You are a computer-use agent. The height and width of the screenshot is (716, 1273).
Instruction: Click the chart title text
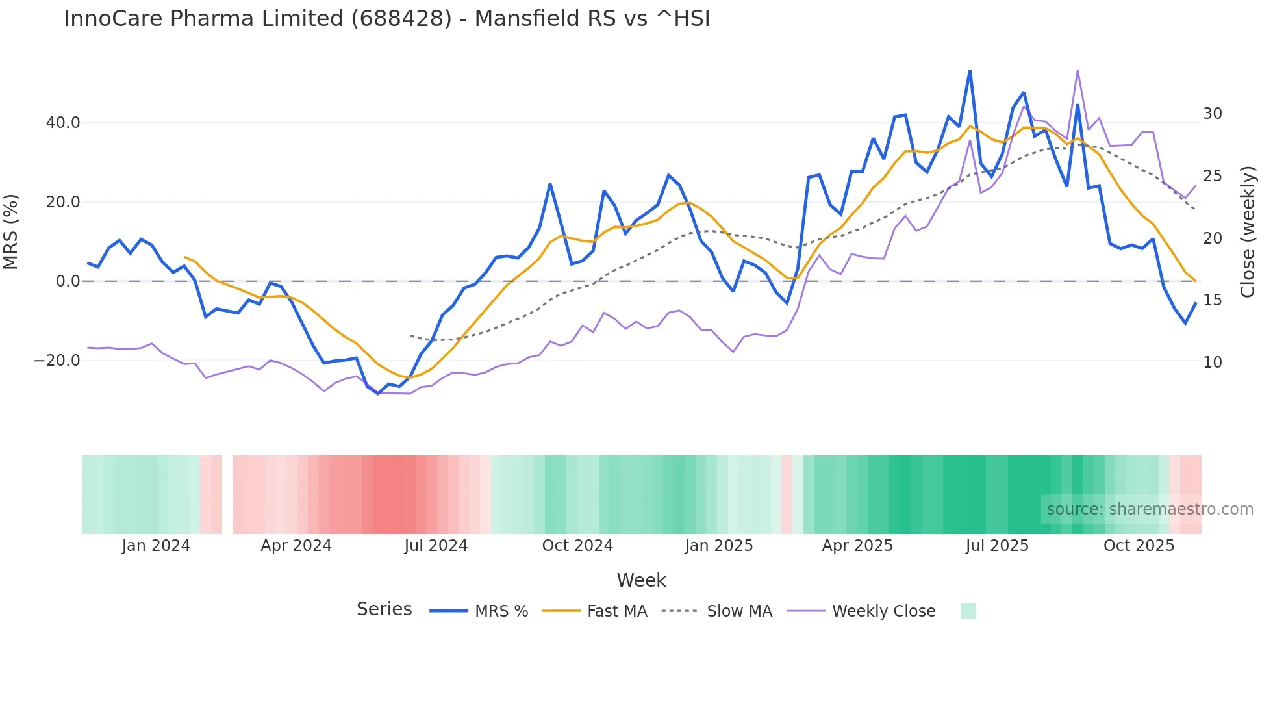click(387, 19)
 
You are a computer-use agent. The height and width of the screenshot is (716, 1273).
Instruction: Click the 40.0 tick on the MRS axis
click(63, 123)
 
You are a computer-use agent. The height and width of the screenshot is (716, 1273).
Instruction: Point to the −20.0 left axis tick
click(57, 361)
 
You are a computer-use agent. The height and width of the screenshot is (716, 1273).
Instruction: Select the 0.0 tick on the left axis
click(68, 281)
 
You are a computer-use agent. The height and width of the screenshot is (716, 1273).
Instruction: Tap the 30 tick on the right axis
click(1212, 114)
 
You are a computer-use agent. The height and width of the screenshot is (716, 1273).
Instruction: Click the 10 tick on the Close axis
click(1212, 363)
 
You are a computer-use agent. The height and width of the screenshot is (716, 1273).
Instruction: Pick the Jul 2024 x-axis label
click(436, 546)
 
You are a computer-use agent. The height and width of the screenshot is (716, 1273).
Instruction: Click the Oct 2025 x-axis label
click(1139, 546)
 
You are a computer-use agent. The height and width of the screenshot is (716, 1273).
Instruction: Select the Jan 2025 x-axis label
click(718, 546)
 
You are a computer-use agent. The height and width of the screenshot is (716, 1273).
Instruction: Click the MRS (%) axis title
click(11, 232)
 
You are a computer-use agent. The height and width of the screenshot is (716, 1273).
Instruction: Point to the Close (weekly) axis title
click(1248, 232)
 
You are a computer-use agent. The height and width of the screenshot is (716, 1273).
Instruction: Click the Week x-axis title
click(641, 580)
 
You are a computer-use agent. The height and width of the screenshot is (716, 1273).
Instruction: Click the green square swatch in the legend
click(968, 611)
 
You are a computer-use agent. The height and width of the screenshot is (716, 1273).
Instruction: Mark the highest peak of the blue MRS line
click(970, 71)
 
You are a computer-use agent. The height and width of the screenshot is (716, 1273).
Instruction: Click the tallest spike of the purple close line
click(1078, 71)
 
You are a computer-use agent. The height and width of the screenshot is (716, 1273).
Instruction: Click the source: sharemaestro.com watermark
click(1150, 509)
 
